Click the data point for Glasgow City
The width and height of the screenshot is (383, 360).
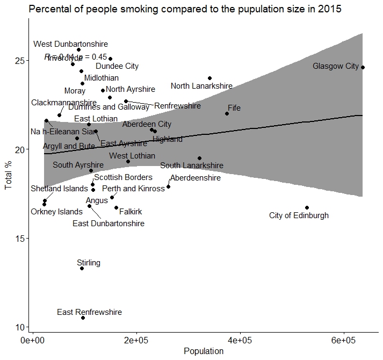[363, 67]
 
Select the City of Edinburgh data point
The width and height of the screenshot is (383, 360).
[307, 207]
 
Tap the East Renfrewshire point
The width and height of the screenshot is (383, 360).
[83, 318]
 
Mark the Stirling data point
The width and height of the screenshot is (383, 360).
[82, 268]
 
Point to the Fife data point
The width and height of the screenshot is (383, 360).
[227, 113]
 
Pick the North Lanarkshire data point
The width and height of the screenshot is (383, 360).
[209, 78]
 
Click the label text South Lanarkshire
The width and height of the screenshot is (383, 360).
[192, 166]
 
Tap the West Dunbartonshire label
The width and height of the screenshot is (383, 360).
[70, 44]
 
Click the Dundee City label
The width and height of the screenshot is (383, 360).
[117, 67]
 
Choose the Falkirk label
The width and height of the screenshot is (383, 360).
[131, 212]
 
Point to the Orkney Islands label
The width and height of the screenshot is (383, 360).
[56, 212]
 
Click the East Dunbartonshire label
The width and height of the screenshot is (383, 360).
[108, 224]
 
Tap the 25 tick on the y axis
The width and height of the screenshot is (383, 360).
[21, 60]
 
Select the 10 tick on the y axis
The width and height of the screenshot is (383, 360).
[21, 327]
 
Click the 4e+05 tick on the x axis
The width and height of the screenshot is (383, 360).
[240, 341]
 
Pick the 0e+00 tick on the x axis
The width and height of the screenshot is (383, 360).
[34, 341]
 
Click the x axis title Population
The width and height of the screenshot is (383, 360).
[204, 351]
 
